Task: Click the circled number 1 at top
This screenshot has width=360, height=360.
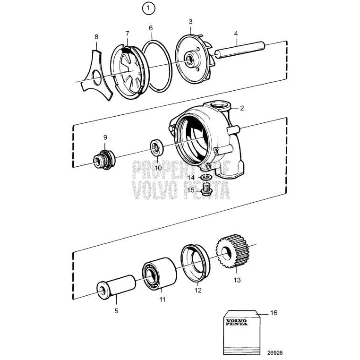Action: tap(149, 8)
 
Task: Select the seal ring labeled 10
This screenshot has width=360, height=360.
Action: tap(156, 147)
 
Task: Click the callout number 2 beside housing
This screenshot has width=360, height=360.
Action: tap(242, 108)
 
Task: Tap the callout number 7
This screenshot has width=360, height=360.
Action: tap(127, 34)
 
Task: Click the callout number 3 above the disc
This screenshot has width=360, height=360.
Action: tap(190, 22)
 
